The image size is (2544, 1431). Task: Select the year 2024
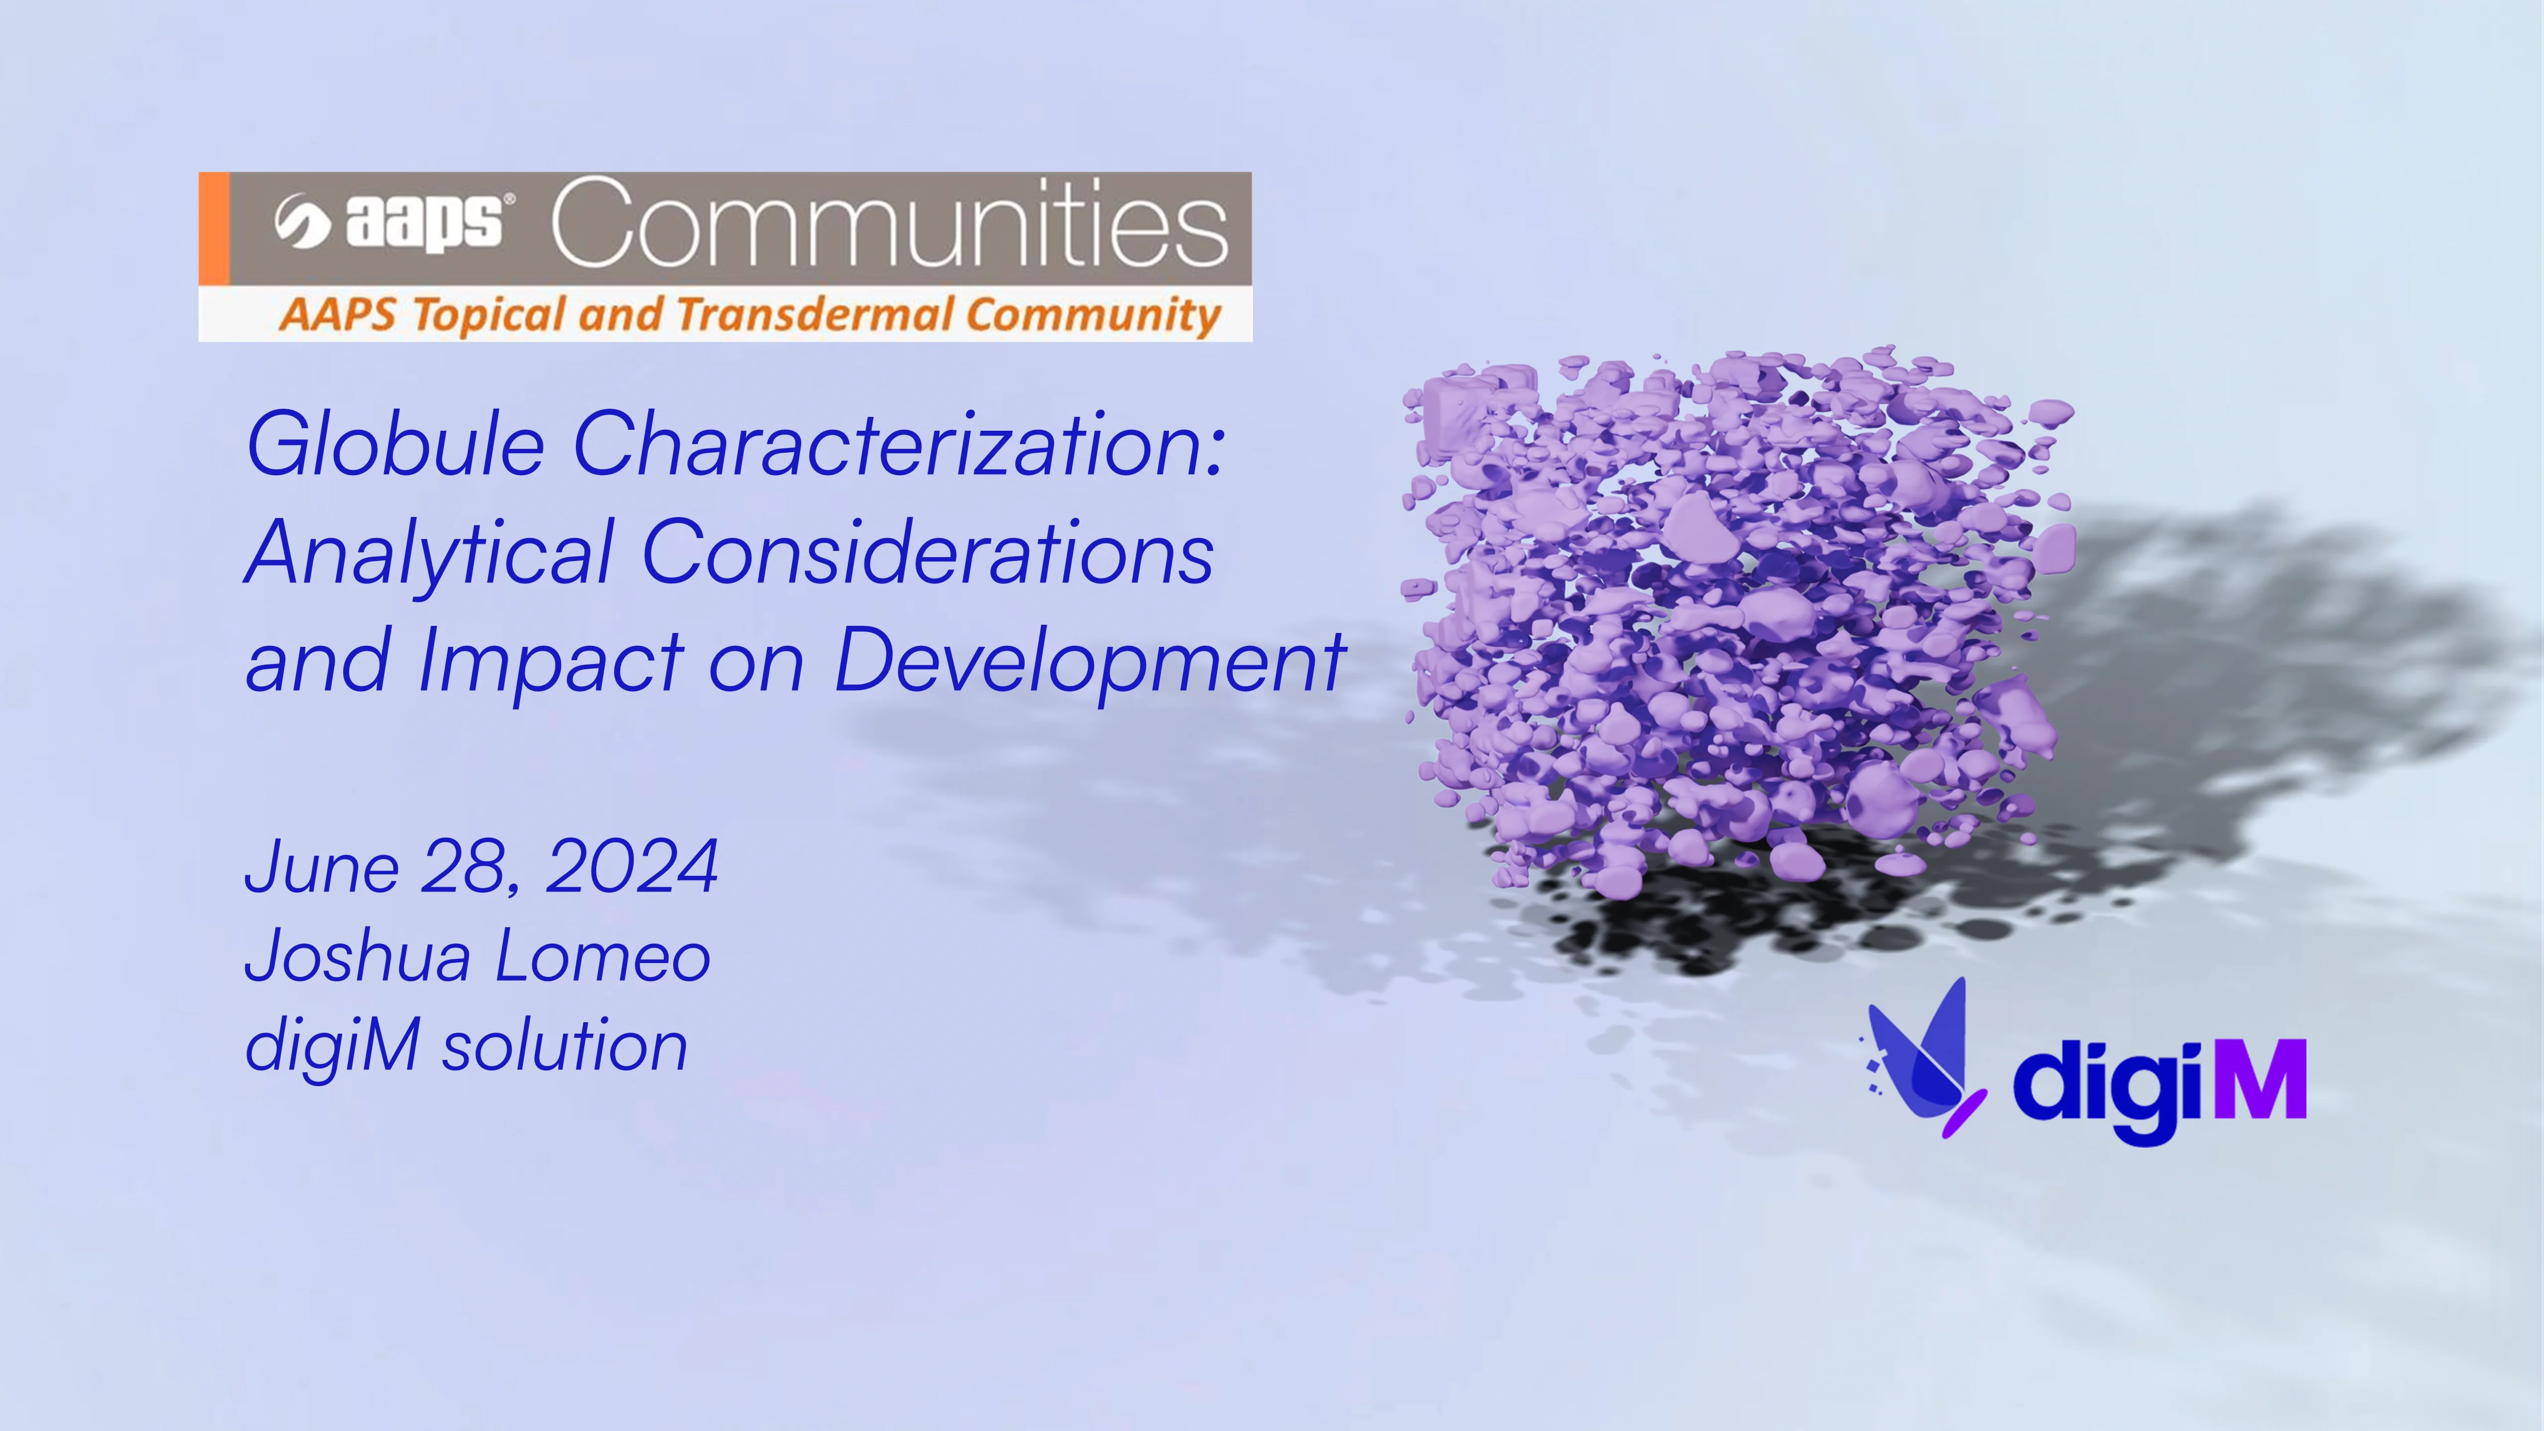pos(632,867)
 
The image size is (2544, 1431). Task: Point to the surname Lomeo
pos(602,956)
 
